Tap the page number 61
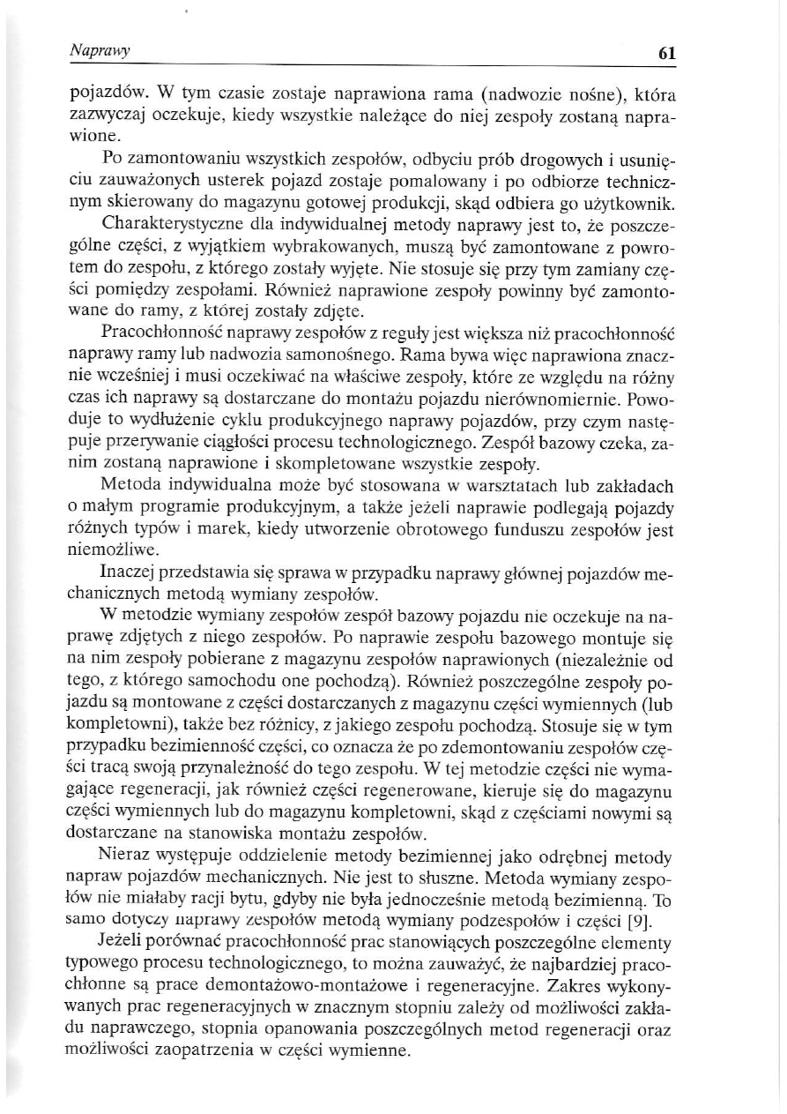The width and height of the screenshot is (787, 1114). click(666, 53)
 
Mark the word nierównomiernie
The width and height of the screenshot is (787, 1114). click(559, 392)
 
